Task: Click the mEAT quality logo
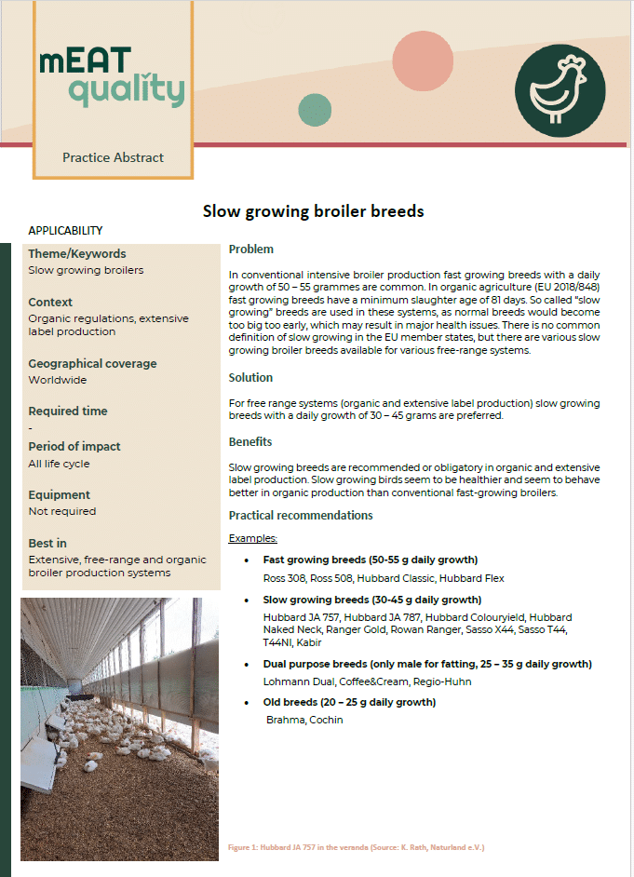[x=112, y=77]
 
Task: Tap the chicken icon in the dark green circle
[x=560, y=89]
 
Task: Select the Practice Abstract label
[x=113, y=157]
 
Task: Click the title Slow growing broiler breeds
[x=313, y=211]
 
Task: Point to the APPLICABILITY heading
[x=65, y=231]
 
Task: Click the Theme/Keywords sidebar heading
[x=77, y=253]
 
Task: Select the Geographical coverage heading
[x=92, y=363]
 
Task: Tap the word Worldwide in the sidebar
[x=58, y=380]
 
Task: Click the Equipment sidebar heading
[x=60, y=494]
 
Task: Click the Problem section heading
[x=251, y=250]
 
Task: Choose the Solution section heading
[x=251, y=378]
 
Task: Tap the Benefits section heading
[x=250, y=441]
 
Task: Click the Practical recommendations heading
[x=301, y=516]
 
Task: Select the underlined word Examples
[x=253, y=538]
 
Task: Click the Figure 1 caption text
[x=356, y=847]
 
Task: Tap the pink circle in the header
[x=423, y=61]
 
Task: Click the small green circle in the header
[x=315, y=111]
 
